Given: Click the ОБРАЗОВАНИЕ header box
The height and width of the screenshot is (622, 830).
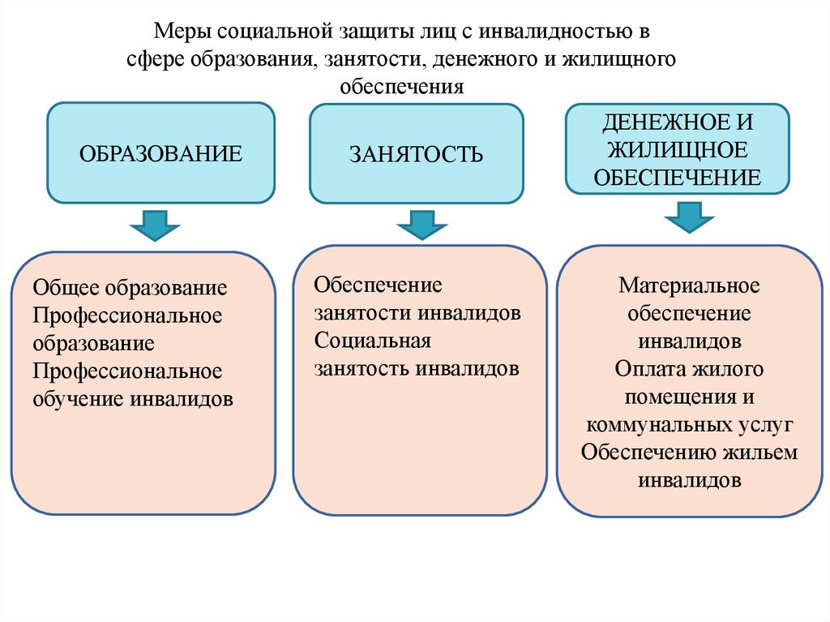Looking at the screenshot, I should [x=160, y=153].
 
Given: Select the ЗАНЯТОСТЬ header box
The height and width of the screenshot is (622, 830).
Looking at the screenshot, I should [x=417, y=153].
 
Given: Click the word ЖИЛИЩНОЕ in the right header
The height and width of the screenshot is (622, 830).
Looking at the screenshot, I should [x=677, y=150].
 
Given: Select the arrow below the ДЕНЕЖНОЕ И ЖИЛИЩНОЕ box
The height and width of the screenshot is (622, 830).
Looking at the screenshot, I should [x=688, y=217].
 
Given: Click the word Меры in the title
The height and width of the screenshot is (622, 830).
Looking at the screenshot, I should [x=184, y=33].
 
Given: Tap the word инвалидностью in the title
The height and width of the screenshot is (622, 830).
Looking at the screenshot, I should [x=558, y=33].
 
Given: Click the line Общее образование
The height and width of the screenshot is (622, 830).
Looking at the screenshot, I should [x=130, y=288].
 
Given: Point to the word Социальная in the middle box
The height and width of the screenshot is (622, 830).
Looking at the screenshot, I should [x=373, y=341].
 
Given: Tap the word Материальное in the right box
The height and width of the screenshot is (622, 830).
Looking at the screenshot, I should [x=689, y=286].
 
